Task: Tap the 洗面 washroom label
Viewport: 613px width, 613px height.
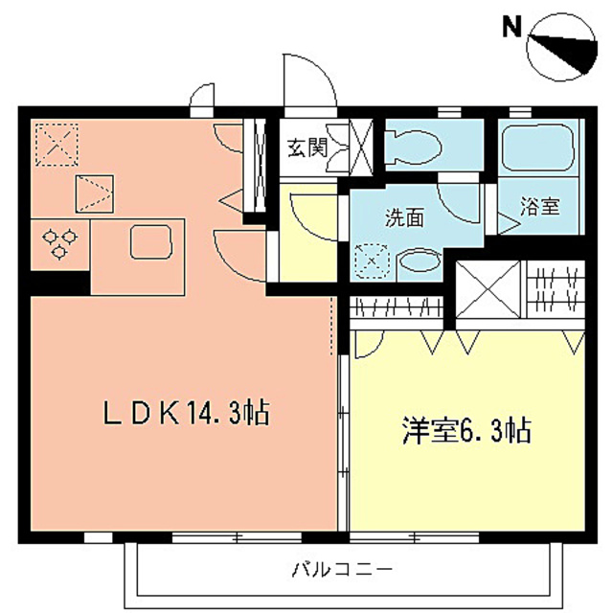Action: [404, 217]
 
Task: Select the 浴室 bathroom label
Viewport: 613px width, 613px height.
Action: [540, 205]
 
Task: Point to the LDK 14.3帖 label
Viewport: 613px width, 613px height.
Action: [186, 414]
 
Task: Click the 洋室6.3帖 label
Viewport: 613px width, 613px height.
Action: [465, 431]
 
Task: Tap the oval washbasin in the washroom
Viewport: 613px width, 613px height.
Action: [417, 261]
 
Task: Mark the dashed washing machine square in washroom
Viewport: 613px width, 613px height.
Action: [369, 260]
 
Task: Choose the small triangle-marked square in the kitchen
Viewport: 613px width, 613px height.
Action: [93, 193]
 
